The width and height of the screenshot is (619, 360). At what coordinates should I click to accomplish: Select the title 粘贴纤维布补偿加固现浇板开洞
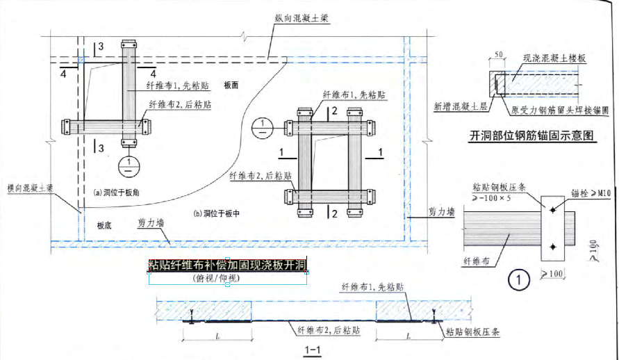[227, 265]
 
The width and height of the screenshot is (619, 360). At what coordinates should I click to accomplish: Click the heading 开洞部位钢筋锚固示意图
[533, 136]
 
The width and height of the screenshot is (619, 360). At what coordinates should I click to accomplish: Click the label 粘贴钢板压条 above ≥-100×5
[500, 188]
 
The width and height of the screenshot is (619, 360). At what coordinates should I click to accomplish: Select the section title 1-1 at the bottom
[311, 350]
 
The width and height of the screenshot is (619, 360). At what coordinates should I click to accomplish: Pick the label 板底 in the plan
[105, 224]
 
